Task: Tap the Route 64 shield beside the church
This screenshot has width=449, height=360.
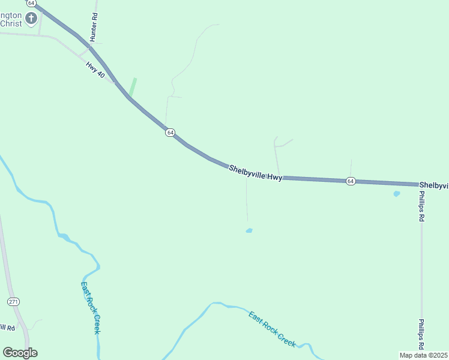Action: (x=32, y=3)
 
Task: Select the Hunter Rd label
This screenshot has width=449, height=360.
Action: (x=94, y=28)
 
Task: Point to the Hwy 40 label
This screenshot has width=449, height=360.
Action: (x=95, y=70)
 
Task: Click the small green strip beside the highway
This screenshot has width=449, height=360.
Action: (x=133, y=87)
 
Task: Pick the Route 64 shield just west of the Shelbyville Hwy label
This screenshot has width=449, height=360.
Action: (x=170, y=132)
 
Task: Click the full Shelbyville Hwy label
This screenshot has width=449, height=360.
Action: (x=255, y=173)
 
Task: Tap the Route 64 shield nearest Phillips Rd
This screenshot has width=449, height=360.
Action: (x=351, y=181)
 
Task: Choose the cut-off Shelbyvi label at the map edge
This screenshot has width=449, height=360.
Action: (x=433, y=185)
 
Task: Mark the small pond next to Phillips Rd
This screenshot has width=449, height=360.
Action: (x=396, y=194)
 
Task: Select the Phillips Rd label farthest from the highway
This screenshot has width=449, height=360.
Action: (x=422, y=335)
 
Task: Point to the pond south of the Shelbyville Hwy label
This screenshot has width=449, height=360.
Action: (x=249, y=230)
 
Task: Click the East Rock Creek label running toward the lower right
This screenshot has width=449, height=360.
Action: (x=273, y=328)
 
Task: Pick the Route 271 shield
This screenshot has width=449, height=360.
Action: (x=13, y=301)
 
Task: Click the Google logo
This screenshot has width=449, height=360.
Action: (x=20, y=353)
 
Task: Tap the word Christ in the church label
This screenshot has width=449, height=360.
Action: (x=11, y=23)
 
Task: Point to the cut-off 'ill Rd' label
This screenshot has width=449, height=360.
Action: (x=7, y=327)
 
